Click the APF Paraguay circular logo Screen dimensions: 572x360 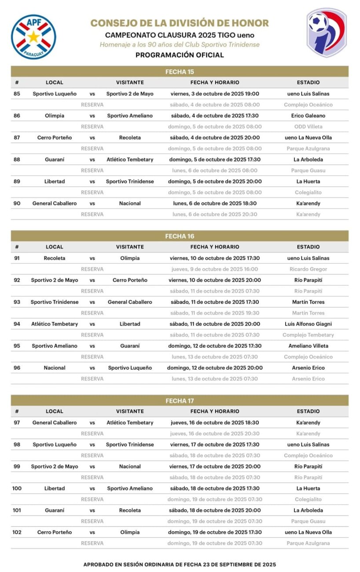(33, 37)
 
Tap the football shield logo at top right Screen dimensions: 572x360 (327, 33)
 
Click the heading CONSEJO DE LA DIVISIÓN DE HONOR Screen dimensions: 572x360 (180, 23)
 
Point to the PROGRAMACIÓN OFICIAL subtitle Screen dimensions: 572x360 (180, 55)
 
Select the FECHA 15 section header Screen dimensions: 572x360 (180, 72)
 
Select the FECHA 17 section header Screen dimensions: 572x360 (180, 401)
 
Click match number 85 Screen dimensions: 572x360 (17, 94)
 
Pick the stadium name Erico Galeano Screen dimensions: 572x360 (308, 116)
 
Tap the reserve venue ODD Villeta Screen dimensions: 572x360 (308, 127)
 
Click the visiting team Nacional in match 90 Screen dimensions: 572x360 (130, 203)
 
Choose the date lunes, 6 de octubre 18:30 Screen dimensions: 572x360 (215, 203)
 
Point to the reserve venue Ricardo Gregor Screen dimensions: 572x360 (308, 269)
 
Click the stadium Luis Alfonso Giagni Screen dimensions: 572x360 (308, 324)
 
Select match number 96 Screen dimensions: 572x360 (17, 368)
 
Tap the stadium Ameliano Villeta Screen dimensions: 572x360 (308, 346)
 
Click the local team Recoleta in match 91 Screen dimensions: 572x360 (55, 258)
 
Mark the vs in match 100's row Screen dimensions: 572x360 (92, 488)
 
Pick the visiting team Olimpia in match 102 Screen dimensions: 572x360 (130, 532)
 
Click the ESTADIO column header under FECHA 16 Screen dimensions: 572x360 (308, 247)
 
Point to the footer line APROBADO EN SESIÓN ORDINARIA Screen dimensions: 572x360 (180, 564)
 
